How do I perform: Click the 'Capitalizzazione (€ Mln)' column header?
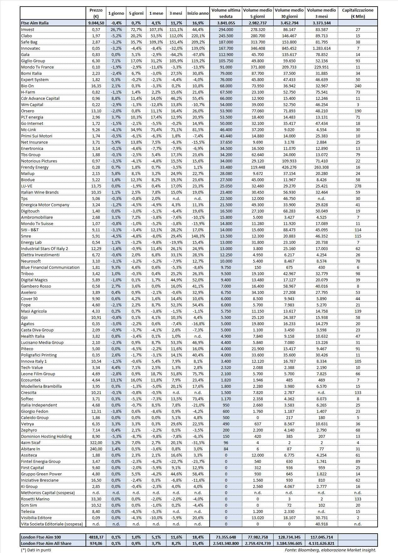click(358, 13)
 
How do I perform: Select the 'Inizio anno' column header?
click(198, 13)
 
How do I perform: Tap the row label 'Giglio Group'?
click(33, 61)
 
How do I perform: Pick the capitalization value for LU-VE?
click(358, 186)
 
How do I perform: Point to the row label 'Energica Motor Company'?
click(45, 205)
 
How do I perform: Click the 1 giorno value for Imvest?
click(116, 29)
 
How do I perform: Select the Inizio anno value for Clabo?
click(198, 36)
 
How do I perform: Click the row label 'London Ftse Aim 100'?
click(41, 537)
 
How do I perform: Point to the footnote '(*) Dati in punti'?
click(36, 550)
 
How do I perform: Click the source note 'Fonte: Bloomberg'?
click(330, 550)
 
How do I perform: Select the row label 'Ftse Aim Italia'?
click(35, 23)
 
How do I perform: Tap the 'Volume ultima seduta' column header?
click(226, 13)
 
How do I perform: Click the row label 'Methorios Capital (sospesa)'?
click(48, 493)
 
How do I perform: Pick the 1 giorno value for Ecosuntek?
click(116, 380)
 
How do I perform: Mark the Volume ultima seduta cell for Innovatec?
click(226, 48)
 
